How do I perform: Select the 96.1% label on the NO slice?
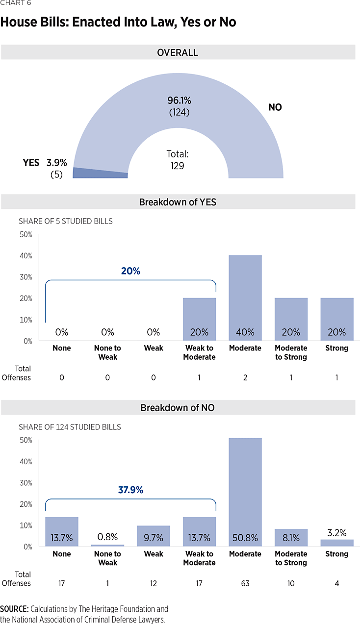[x=179, y=100]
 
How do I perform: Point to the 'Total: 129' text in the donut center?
[x=178, y=160]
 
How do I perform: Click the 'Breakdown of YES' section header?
[x=178, y=202]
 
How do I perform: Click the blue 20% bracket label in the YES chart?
[x=130, y=271]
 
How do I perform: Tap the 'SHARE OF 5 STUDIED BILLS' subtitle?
[x=66, y=221]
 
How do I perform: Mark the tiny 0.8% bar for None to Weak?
[x=108, y=545]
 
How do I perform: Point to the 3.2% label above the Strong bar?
[x=337, y=532]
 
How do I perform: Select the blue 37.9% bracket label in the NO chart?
[x=130, y=490]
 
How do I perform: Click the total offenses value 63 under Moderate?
[x=245, y=583]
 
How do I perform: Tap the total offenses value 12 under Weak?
[x=154, y=583]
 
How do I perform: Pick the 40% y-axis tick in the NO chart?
[x=26, y=462]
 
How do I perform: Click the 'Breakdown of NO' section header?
[x=178, y=408]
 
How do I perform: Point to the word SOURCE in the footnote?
[x=14, y=609]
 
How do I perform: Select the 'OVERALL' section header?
[x=178, y=52]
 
